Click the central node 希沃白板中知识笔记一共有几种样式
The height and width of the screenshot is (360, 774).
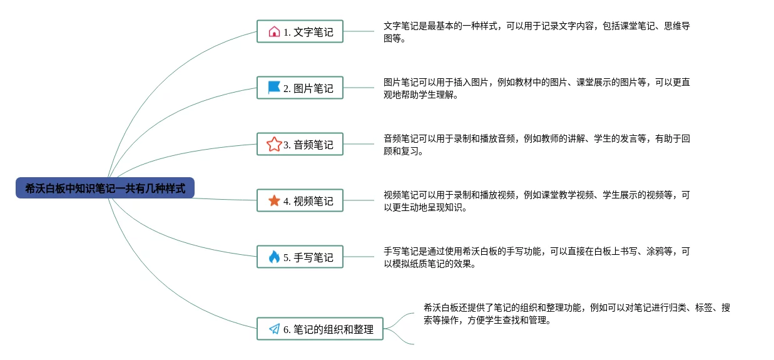click(x=105, y=188)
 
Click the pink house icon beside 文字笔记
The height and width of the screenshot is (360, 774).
click(x=274, y=31)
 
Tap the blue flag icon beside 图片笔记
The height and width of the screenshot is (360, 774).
click(x=274, y=88)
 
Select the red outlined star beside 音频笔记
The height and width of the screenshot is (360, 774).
click(x=273, y=144)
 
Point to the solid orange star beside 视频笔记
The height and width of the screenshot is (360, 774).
click(x=274, y=200)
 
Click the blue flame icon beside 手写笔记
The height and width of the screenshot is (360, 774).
click(x=274, y=257)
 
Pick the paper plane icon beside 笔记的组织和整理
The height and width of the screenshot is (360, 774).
click(x=274, y=329)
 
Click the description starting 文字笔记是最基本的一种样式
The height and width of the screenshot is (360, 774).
click(x=536, y=32)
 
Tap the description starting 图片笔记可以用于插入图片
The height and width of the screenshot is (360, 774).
click(x=536, y=88)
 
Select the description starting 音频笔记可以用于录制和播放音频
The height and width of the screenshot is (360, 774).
click(x=536, y=145)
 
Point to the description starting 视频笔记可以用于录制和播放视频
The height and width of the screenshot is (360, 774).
click(x=536, y=201)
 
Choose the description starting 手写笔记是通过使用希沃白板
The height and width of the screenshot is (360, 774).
click(x=536, y=257)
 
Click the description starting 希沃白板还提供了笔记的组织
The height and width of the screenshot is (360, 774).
click(x=576, y=314)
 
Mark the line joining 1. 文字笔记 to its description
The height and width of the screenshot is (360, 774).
click(x=359, y=31)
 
